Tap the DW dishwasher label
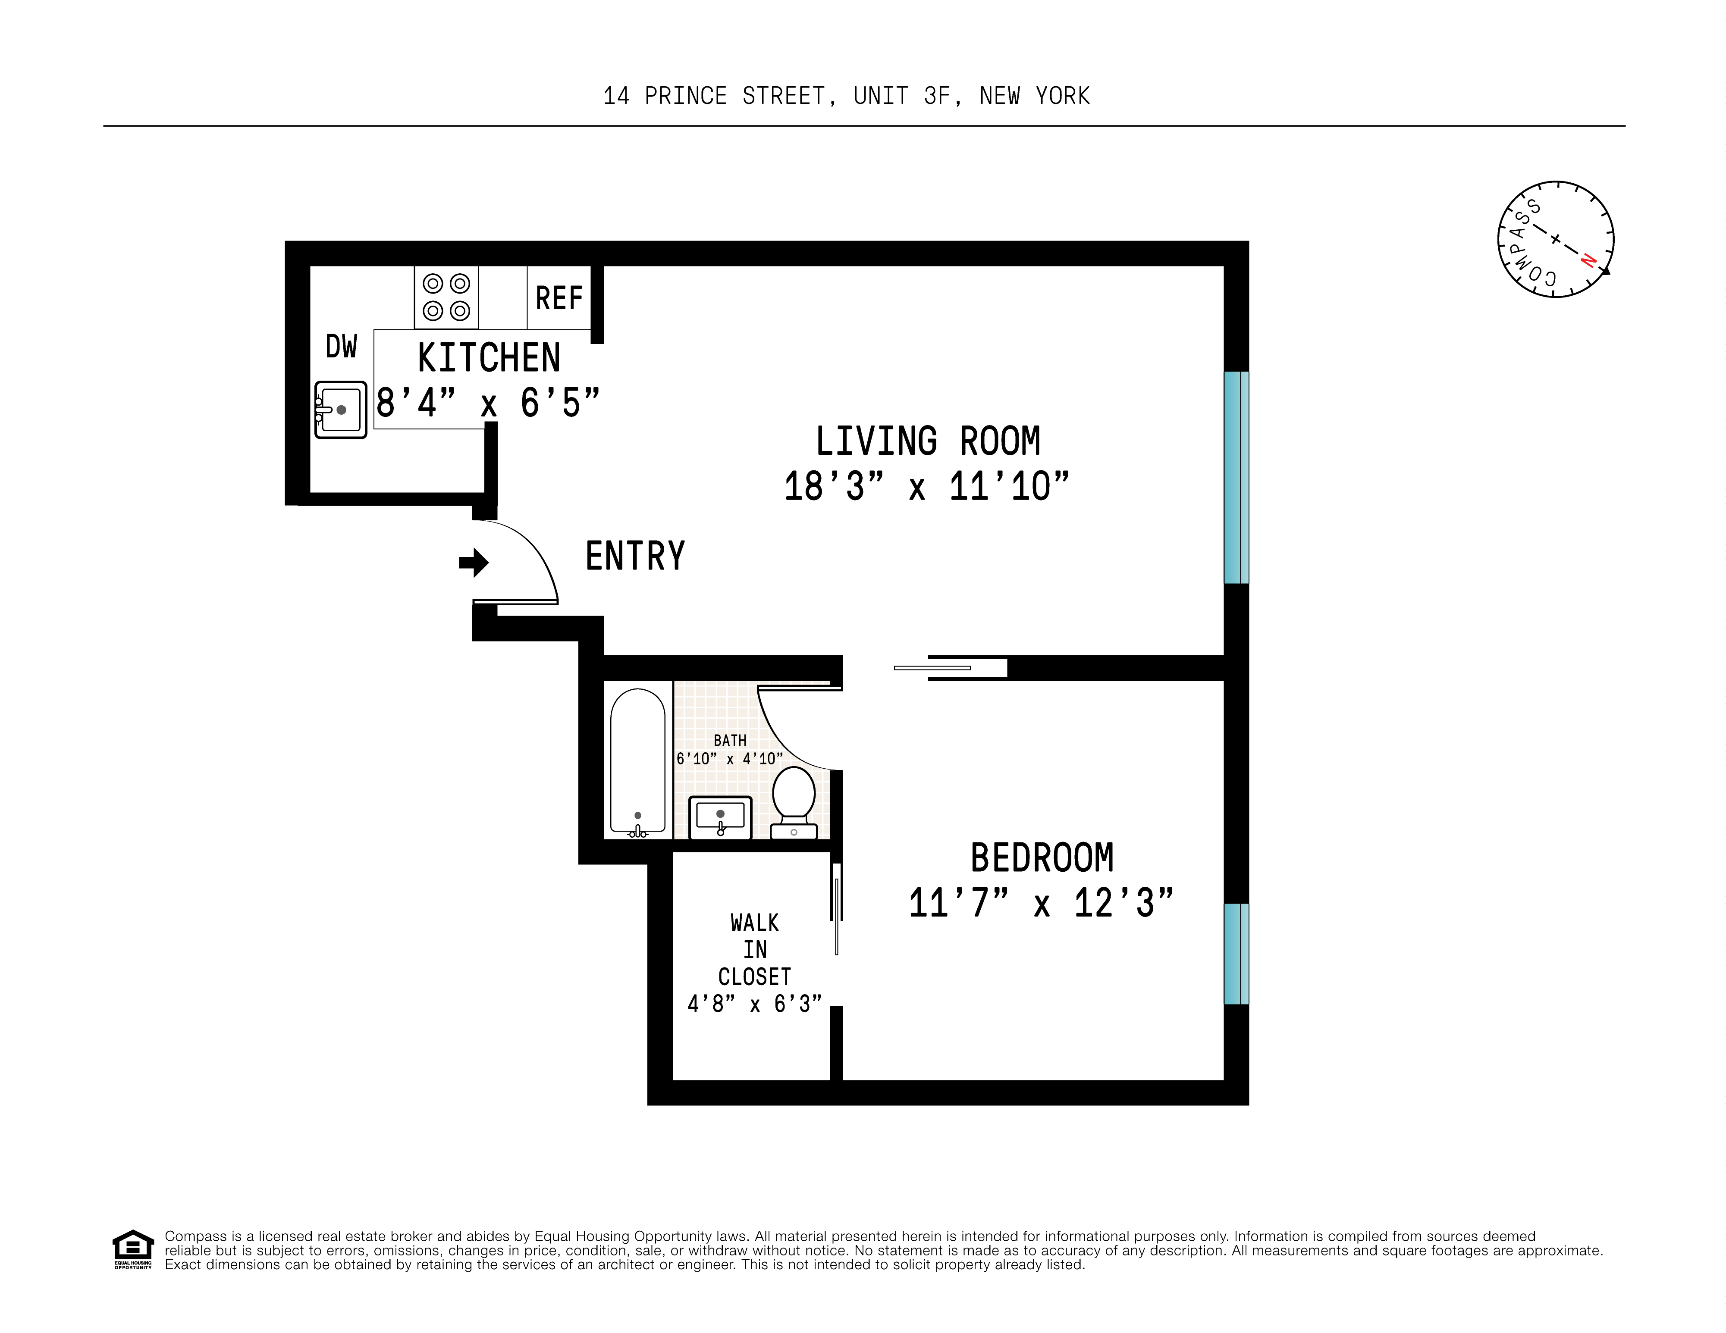click(x=342, y=347)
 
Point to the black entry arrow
click(x=474, y=563)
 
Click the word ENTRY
click(x=634, y=556)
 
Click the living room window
click(x=1236, y=477)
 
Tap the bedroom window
click(x=1236, y=954)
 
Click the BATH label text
click(x=729, y=740)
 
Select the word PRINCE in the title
click(x=685, y=97)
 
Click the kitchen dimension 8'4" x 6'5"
click(x=488, y=403)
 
